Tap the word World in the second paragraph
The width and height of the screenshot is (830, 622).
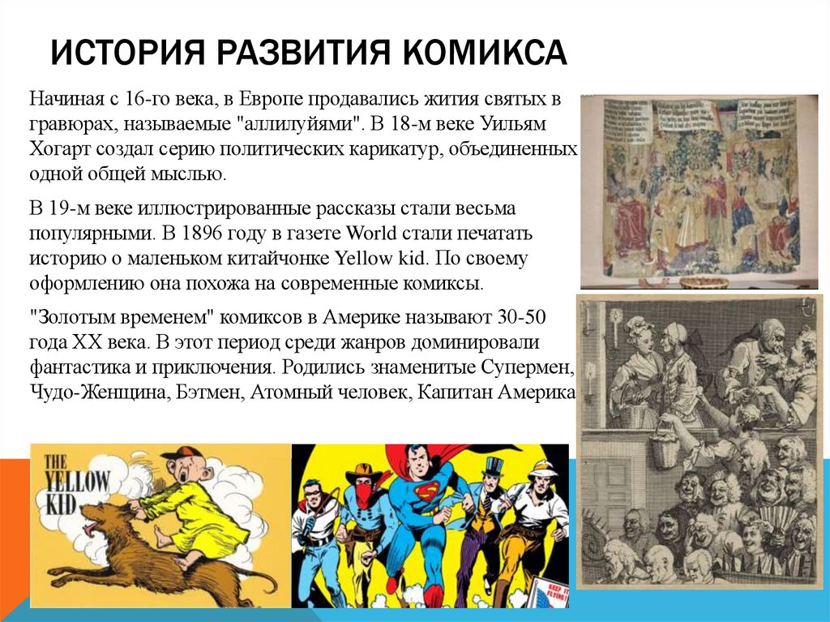point(370,234)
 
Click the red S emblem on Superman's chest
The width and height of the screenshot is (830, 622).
point(426,492)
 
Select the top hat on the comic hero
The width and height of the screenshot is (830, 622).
point(492,465)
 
